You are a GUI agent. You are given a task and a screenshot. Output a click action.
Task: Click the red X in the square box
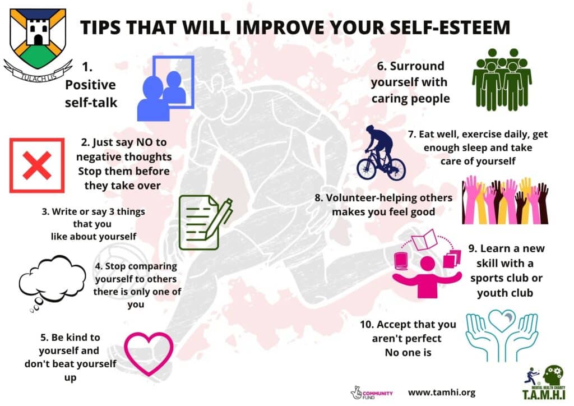tap(36, 165)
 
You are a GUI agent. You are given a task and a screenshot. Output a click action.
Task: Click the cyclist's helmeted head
tap(370, 129)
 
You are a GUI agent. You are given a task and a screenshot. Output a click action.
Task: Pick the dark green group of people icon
tap(502, 79)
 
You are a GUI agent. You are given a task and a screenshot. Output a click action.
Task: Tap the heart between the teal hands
tap(502, 320)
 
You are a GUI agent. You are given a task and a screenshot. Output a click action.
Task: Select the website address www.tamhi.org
tap(442, 393)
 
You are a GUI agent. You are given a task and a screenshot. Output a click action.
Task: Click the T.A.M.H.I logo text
tap(544, 395)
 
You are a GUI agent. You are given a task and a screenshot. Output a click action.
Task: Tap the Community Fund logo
tap(372, 393)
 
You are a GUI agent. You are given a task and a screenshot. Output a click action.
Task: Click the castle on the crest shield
tap(38, 31)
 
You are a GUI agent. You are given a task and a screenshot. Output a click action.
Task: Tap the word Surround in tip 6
tap(417, 66)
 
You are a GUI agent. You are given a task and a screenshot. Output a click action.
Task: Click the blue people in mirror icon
tap(165, 88)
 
